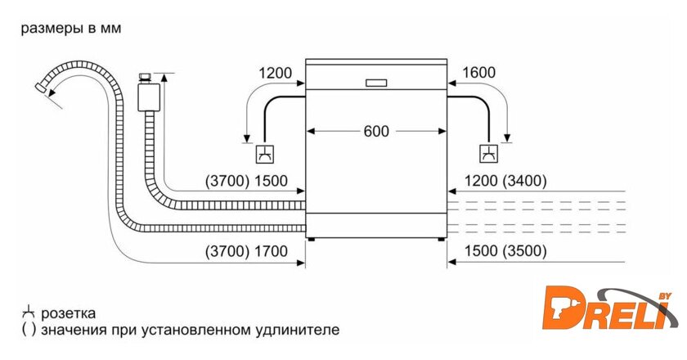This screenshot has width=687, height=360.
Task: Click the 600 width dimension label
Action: tap(377, 131)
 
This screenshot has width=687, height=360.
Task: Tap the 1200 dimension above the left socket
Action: tap(276, 73)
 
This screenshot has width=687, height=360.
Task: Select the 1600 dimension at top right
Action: tap(478, 73)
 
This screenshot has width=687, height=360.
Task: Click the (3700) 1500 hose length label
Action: tap(246, 181)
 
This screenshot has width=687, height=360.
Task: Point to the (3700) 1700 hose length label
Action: tap(246, 251)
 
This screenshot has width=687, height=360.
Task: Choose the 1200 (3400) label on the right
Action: tap(505, 181)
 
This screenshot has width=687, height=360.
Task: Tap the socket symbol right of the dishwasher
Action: tap(489, 153)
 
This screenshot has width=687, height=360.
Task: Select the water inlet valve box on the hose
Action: tap(149, 94)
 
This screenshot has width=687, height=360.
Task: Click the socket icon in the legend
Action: tap(28, 313)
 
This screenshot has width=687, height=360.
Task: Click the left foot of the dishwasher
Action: tap(312, 239)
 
